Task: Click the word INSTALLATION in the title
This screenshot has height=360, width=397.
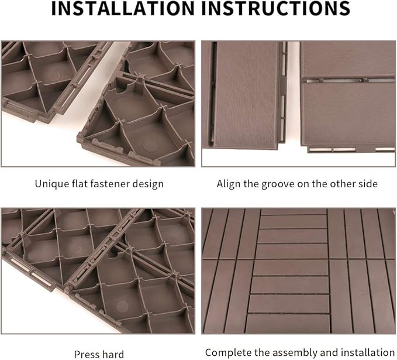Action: pyautogui.click(x=123, y=8)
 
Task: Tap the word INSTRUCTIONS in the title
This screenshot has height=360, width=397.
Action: pyautogui.click(x=276, y=8)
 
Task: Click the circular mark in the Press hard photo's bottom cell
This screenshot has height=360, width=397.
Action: pyautogui.click(x=122, y=306)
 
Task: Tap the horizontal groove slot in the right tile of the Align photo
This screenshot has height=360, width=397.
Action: pyautogui.click(x=350, y=81)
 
